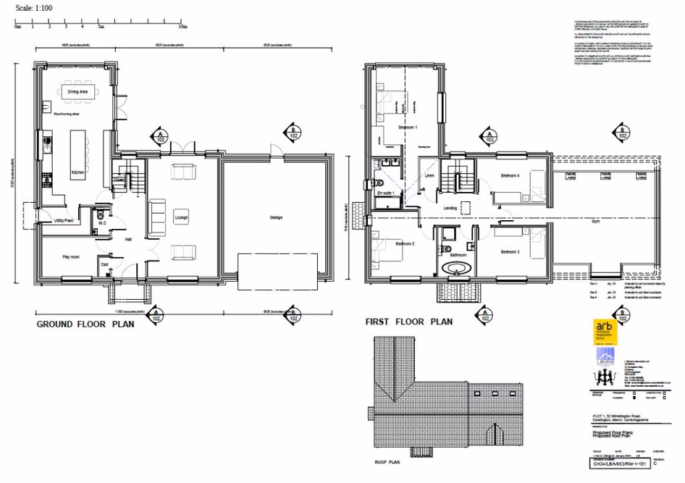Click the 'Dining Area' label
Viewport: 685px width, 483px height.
(77, 92)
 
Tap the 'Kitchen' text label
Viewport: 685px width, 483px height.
(77, 173)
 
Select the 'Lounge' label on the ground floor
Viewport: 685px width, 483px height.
(181, 216)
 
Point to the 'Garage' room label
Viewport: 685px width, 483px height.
(276, 217)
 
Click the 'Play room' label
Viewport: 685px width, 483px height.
(70, 256)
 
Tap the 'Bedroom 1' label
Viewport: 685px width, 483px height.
(408, 127)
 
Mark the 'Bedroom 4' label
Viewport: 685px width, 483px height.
(511, 175)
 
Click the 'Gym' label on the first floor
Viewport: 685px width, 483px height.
(595, 223)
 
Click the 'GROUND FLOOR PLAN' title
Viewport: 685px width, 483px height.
(85, 325)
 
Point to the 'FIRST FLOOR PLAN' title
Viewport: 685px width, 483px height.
(408, 322)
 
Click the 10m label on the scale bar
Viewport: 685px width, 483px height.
(183, 26)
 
